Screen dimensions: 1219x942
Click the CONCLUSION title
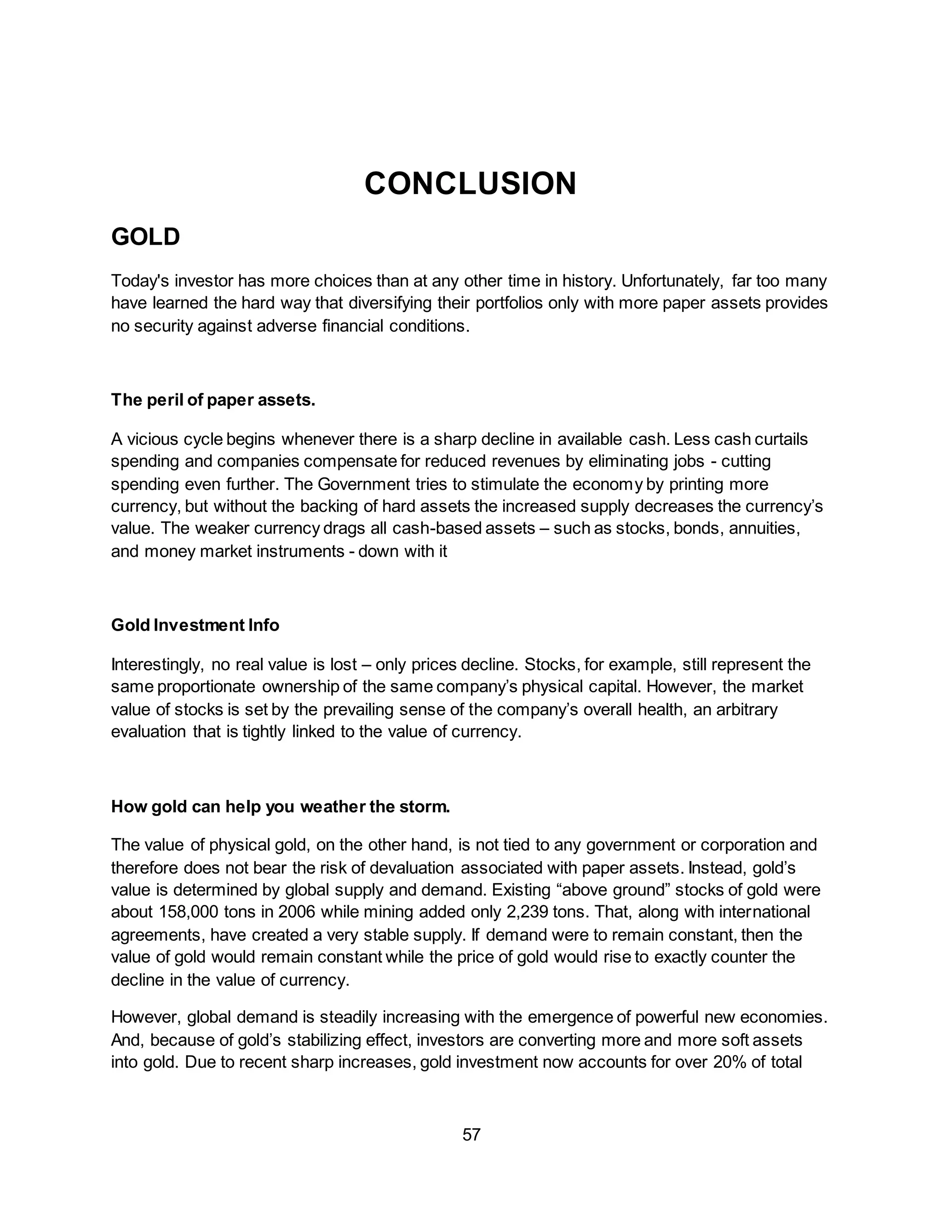coord(471,184)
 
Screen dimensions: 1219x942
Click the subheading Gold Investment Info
coord(195,625)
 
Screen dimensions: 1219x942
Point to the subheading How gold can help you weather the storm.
coord(280,807)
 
